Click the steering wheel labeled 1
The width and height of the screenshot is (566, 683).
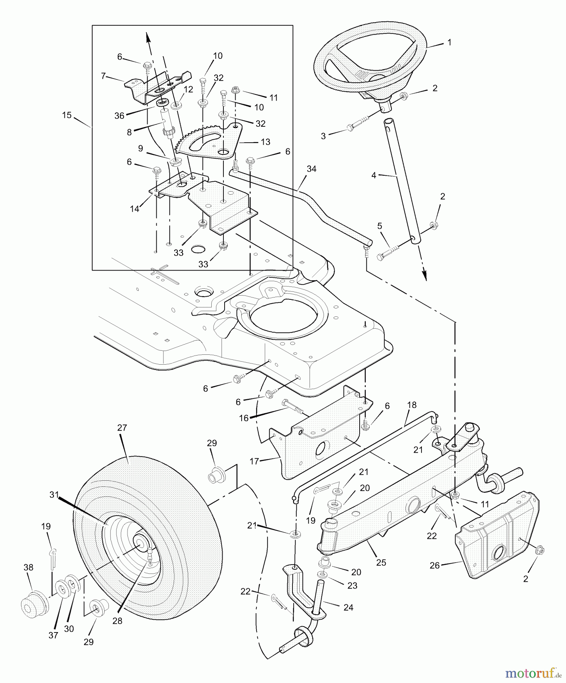point(370,61)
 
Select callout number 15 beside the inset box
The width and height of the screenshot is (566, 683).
point(67,115)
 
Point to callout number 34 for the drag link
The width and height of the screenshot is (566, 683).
point(311,169)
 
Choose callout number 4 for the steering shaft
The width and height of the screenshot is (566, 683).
point(374,175)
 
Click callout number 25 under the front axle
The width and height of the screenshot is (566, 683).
point(381,562)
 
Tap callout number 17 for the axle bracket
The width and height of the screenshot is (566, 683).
point(254,461)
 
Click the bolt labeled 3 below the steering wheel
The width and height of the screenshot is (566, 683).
point(355,127)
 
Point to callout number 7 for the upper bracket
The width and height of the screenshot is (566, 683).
point(103,76)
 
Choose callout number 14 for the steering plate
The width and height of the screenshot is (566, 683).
point(134,209)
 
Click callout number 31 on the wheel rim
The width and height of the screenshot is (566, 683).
point(54,494)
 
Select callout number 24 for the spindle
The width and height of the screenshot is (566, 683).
point(348,607)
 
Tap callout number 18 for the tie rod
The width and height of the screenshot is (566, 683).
point(412,405)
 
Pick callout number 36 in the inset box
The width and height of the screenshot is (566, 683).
point(119,116)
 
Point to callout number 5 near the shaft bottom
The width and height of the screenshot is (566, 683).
point(379,226)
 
